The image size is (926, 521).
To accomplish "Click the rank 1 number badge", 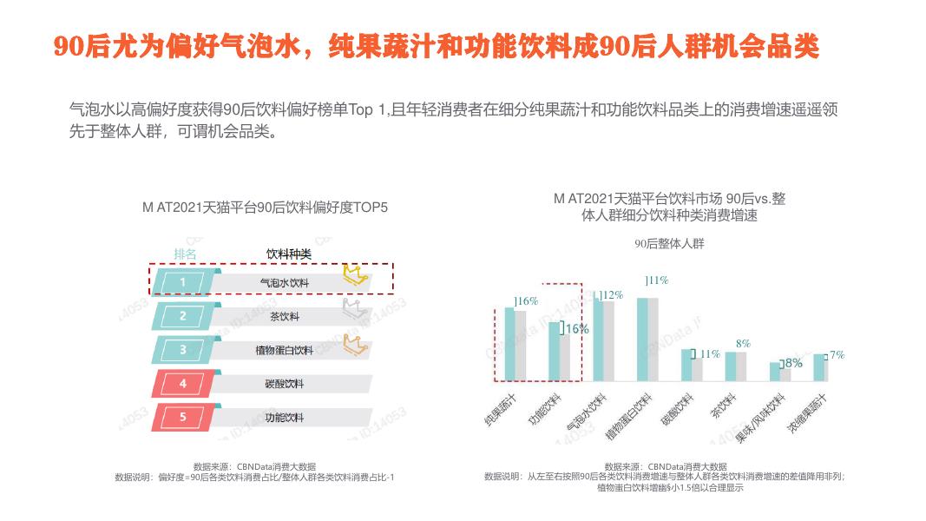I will tap(182, 282).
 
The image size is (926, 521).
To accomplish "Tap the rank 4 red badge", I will tap(182, 383).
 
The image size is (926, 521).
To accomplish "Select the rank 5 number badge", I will tap(182, 417).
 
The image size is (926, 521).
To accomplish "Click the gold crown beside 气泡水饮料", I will tap(355, 275).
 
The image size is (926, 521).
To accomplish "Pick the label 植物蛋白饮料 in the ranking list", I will tap(284, 350).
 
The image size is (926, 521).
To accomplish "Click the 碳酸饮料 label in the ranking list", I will tap(284, 384).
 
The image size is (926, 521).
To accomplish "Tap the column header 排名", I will tap(185, 254).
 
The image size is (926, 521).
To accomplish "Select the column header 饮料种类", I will tap(288, 254).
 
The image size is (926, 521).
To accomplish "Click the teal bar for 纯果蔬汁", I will tap(510, 344).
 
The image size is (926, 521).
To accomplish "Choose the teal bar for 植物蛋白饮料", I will tap(642, 339).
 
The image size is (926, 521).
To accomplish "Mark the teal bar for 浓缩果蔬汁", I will tap(818, 367).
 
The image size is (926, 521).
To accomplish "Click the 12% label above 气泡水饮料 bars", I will tap(612, 295).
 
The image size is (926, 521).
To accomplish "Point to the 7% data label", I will tap(837, 355).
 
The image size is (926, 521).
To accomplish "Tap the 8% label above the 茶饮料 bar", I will tap(743, 344).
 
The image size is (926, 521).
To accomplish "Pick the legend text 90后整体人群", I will tap(669, 244).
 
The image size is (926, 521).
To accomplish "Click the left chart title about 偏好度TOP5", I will tap(265, 208).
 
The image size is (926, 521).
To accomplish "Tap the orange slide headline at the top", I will tap(437, 47).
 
